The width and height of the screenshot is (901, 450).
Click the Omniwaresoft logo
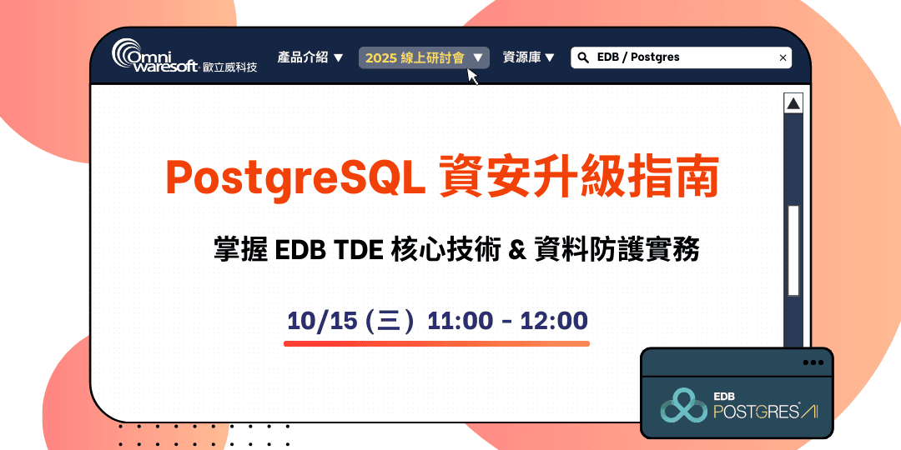184,57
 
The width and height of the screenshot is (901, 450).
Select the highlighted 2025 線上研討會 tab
424,57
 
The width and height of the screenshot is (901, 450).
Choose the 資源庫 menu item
529,57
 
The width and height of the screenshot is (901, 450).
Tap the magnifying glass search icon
582,57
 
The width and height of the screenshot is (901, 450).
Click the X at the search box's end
783,57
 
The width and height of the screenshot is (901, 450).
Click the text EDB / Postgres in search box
638,57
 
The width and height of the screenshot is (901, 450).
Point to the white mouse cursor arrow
472,77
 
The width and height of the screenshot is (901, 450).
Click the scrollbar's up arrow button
793,104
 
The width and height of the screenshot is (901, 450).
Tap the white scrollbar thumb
793,250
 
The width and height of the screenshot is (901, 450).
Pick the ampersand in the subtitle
516,250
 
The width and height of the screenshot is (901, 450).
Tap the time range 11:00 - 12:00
507,321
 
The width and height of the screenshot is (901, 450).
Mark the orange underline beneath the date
436,342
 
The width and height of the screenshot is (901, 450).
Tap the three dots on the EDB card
812,362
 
